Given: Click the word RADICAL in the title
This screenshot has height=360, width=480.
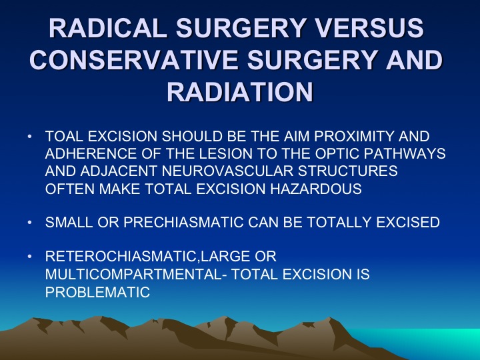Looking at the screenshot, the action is [x=108, y=28].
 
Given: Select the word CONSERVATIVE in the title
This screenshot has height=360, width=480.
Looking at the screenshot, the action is [x=134, y=59].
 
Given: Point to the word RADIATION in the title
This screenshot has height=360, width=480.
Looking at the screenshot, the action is [x=240, y=91].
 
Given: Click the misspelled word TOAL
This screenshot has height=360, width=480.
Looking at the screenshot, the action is [x=64, y=136].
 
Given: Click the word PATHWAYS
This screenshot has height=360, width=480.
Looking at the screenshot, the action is [x=405, y=154].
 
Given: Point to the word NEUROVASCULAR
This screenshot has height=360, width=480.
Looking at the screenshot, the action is [x=227, y=171].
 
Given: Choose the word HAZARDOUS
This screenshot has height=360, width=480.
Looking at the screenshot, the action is [x=316, y=189].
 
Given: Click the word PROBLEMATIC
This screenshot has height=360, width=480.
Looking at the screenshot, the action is [x=97, y=292].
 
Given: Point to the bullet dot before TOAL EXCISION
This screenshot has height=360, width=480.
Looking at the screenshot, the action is [x=29, y=136].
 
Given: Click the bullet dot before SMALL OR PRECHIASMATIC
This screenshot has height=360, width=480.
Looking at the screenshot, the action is [x=29, y=222].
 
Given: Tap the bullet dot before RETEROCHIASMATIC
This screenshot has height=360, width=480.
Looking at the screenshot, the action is [x=29, y=256].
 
